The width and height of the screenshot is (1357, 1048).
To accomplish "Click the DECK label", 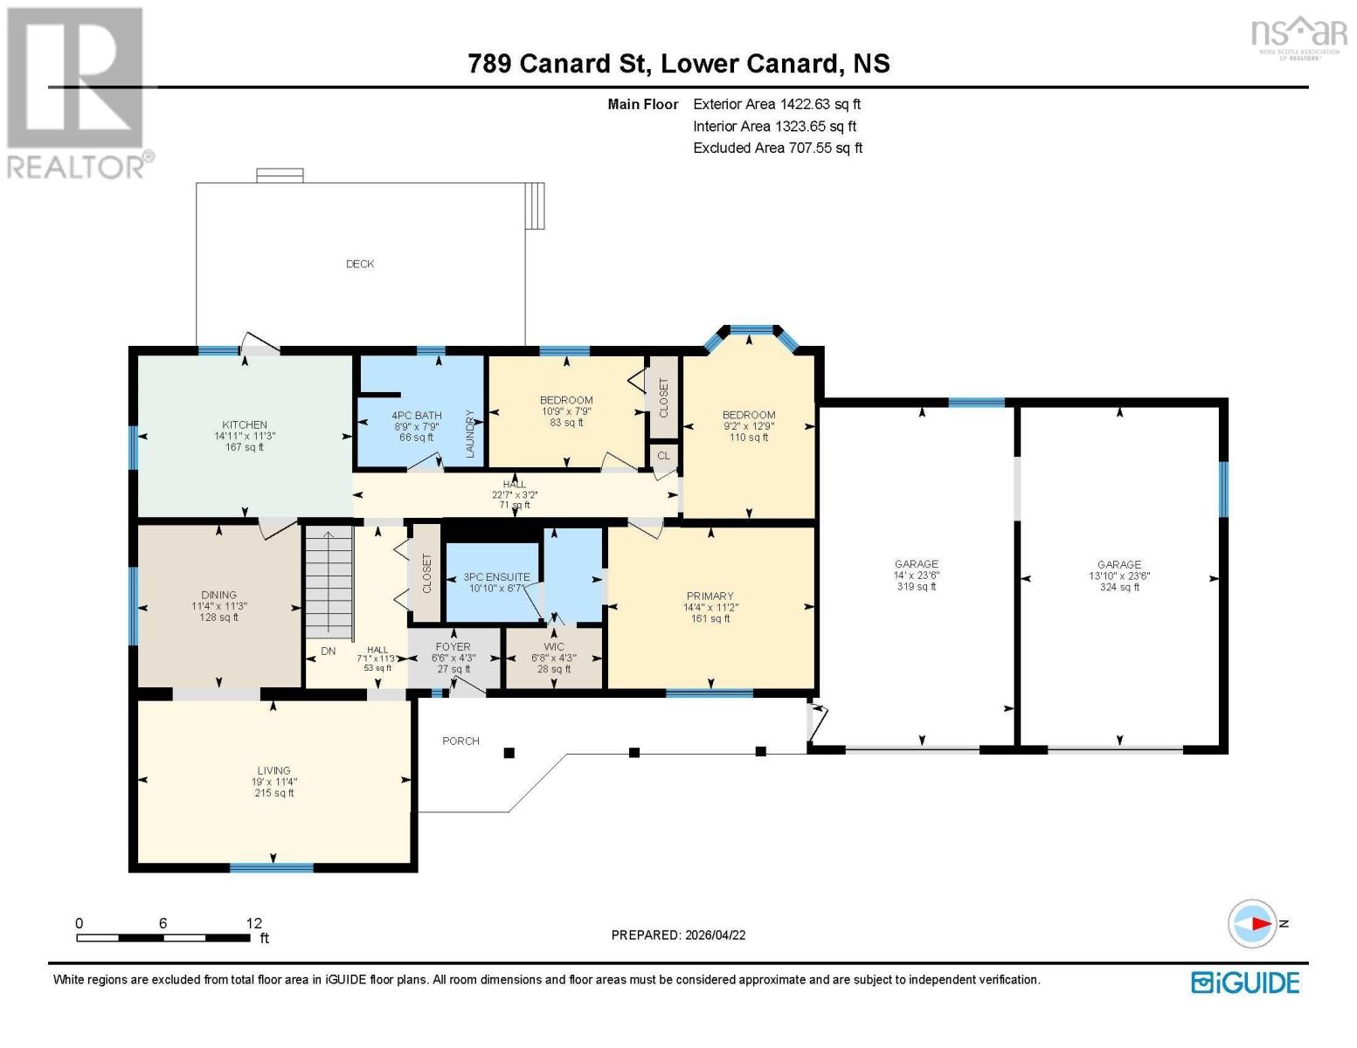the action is tap(360, 264).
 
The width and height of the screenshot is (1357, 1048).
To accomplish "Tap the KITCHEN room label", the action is tap(245, 424).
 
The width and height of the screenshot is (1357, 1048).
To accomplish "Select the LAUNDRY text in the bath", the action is tap(470, 433).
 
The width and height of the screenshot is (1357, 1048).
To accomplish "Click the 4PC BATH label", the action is tap(417, 416).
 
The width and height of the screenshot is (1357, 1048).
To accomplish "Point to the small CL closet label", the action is tap(663, 456).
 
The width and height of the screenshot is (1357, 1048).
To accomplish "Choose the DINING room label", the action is tap(218, 595).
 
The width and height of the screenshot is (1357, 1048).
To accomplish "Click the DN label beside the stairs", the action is tap(328, 651).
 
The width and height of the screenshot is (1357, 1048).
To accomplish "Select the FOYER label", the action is tap(453, 647).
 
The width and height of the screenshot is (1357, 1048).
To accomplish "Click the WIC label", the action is tap(554, 647).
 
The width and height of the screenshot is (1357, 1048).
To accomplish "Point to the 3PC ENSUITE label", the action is tap(496, 577).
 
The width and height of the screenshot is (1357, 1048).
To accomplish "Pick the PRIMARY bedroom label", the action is tap(710, 596).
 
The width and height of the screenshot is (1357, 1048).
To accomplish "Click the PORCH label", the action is tap(460, 741).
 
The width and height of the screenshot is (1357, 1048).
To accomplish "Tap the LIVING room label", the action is tap(273, 771).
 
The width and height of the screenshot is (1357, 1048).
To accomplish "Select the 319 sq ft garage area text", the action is tap(916, 586).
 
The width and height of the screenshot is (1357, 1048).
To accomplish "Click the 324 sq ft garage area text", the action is tap(1119, 587).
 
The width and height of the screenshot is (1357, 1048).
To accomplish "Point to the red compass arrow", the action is tap(1263, 924).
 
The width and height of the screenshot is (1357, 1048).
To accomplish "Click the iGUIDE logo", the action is tap(1245, 983).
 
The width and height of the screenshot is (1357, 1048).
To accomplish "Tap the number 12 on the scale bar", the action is tap(253, 923).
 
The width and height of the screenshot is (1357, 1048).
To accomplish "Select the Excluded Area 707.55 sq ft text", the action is tap(778, 148).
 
